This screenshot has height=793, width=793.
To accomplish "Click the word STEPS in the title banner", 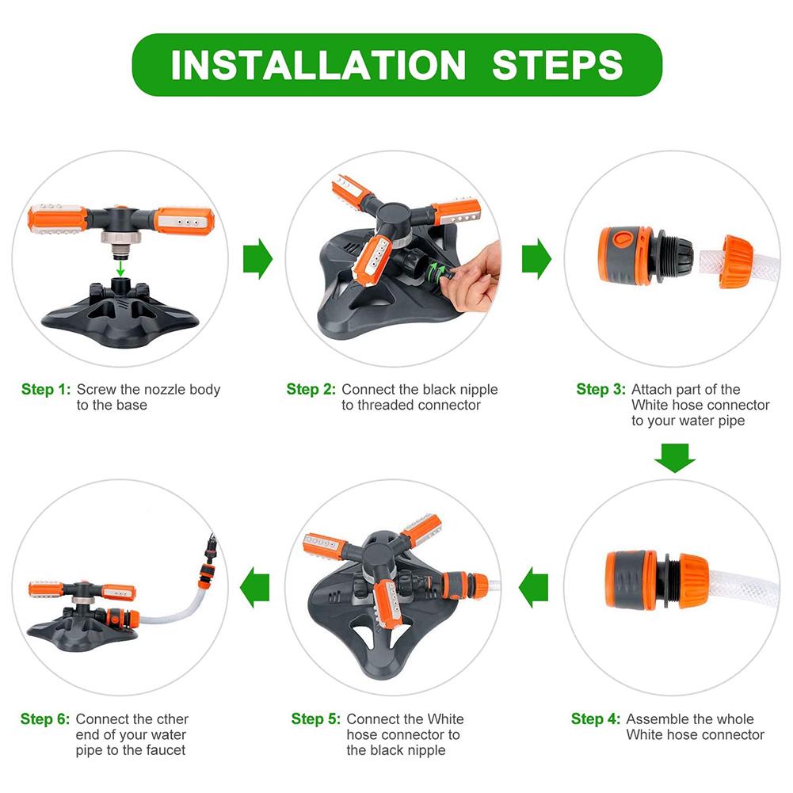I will click(557, 64).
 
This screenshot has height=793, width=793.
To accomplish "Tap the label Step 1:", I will click(46, 390).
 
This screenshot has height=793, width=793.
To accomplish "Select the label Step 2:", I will click(311, 390).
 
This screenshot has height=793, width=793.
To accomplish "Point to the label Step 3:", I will click(600, 390).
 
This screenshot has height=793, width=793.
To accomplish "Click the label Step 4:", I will click(596, 719).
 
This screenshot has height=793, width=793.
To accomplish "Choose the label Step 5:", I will click(316, 719).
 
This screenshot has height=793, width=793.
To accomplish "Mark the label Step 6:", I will click(45, 719).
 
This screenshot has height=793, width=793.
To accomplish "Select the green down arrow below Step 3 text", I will click(675, 458).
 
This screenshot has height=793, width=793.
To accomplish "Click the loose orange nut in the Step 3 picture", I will click(735, 259).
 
